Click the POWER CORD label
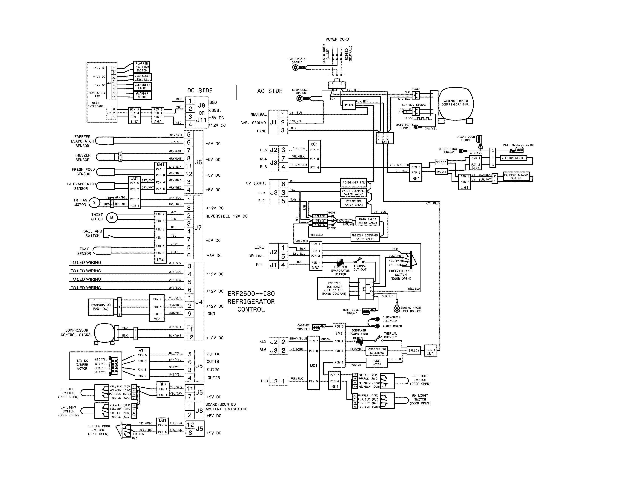coord(337,39)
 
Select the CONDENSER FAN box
coord(354,183)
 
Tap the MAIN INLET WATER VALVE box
coord(368,221)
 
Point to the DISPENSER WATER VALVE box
coord(354,203)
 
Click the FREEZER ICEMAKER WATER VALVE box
coord(365,237)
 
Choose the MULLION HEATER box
coord(513,158)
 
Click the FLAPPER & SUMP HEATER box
coord(516,176)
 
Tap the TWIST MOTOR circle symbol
coord(112,218)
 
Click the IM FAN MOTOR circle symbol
coord(94,203)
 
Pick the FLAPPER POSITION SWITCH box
coord(142,67)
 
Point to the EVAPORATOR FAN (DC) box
coord(101,307)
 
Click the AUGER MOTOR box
coord(377,363)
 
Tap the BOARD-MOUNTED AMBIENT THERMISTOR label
coord(226,407)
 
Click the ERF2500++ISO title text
coord(251,294)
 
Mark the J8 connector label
coord(199,411)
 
